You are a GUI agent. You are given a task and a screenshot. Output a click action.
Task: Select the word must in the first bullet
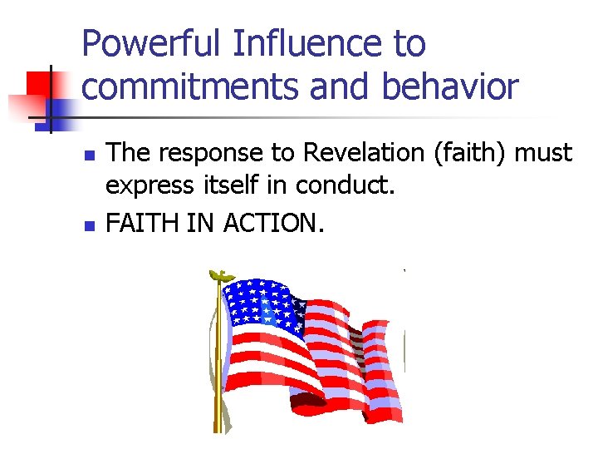(544, 153)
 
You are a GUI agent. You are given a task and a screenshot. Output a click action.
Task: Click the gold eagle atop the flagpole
(220, 275)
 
